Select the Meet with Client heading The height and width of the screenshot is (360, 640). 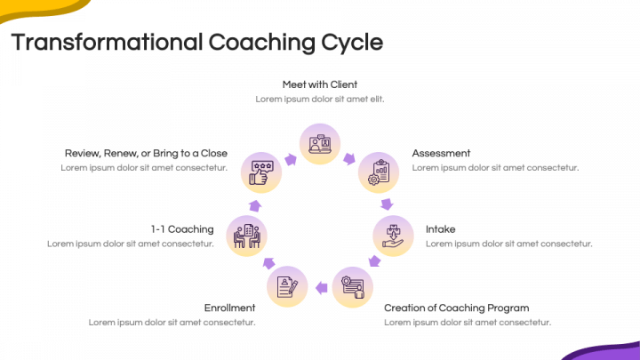(x=320, y=84)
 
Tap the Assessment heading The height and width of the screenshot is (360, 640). (x=441, y=153)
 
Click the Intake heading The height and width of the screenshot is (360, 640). (x=440, y=228)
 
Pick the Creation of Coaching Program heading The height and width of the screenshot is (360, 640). (x=456, y=308)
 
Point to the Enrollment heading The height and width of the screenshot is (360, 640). (x=229, y=308)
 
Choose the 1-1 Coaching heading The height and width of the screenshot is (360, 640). (x=182, y=228)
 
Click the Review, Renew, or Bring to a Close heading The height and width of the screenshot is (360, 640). (x=145, y=153)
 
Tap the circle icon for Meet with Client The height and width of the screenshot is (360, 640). (x=320, y=143)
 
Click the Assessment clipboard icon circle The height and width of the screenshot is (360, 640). (x=379, y=172)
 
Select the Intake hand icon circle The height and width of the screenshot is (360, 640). (x=392, y=236)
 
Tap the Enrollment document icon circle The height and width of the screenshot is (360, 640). (x=288, y=287)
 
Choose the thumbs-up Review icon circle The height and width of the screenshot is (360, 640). (x=261, y=172)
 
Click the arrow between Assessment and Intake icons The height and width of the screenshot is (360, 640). (x=388, y=204)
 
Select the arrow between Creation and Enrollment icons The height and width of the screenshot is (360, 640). (x=320, y=287)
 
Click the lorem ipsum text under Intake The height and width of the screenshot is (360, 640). (x=508, y=244)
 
